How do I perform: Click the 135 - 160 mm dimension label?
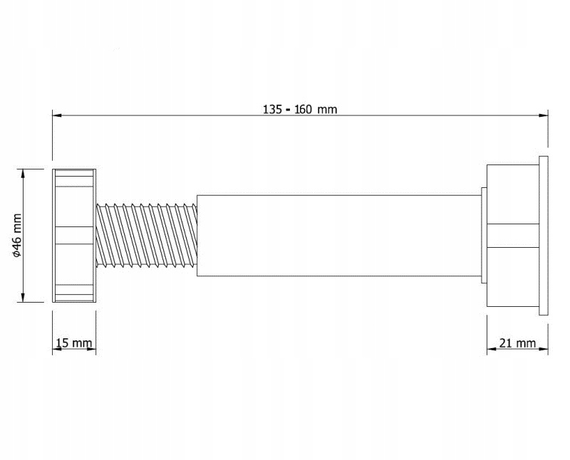tap(300, 109)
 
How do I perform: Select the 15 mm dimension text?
tap(73, 343)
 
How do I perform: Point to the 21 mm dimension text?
tap(517, 343)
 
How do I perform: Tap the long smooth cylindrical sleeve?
tap(338, 236)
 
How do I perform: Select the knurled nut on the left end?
tap(74, 236)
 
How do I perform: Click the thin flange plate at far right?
tap(544, 234)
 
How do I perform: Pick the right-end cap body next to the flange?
tap(512, 236)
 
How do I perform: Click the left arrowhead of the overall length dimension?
tap(58, 115)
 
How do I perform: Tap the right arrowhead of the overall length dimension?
tap(543, 115)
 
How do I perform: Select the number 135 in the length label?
tap(272, 109)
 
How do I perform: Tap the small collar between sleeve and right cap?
tap(484, 236)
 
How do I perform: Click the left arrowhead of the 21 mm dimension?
tap(492, 350)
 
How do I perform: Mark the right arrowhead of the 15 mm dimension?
tap(91, 350)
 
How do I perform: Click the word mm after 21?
tap(527, 343)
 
